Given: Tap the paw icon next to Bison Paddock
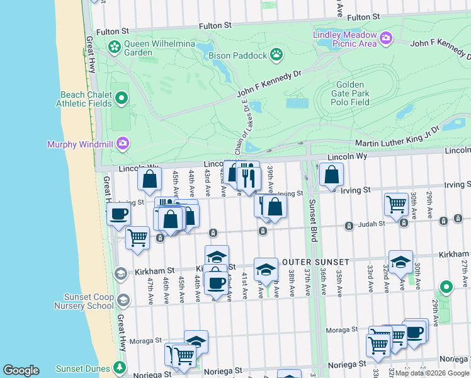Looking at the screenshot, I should tap(276, 55).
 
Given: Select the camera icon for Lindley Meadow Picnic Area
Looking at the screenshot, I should tap(386, 39).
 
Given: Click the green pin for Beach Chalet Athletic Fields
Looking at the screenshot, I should tap(122, 98).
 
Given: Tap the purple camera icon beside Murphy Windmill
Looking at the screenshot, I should tap(122, 144).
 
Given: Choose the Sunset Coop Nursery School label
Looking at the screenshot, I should tap(89, 301).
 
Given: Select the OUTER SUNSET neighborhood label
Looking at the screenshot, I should tap(315, 261).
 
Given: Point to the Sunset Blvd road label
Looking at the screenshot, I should tap(312, 221).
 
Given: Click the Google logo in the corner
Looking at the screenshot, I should tap(21, 370).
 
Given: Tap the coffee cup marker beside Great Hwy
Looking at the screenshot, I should tap(118, 214).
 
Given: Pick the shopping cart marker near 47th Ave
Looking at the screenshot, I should tap(137, 238).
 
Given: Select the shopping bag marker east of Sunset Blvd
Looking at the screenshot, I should tap(331, 174).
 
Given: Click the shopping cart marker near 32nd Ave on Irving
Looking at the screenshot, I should tap(396, 203).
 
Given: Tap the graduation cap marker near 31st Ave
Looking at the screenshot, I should tap(400, 261).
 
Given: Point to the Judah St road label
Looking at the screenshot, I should tap(372, 224).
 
